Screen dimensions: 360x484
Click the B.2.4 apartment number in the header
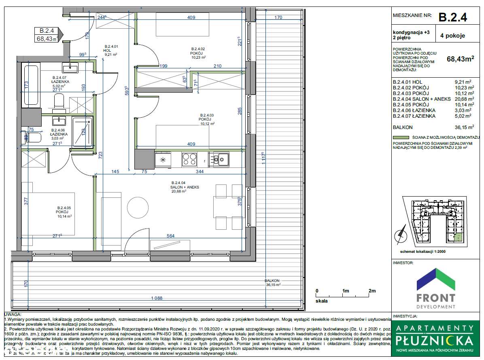453,17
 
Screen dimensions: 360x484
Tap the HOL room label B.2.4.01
111,50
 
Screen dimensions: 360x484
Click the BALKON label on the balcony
272,280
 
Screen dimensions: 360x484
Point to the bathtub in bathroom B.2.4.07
32,86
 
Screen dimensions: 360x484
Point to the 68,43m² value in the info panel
460,59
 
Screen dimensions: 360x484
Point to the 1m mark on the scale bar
346,291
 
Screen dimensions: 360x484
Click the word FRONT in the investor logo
435,298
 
